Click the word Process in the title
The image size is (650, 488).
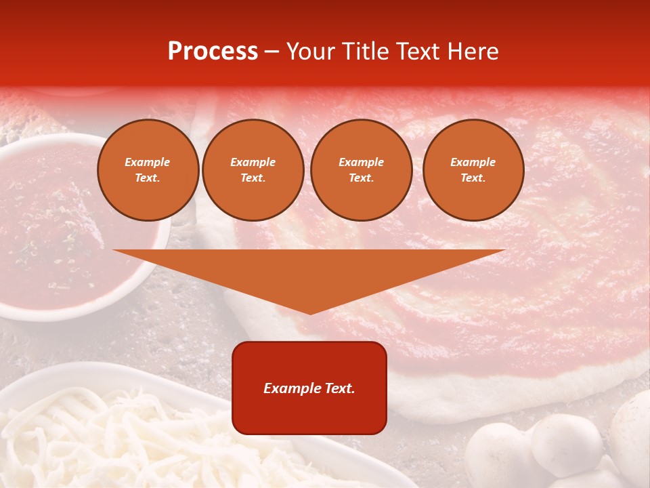click(213, 52)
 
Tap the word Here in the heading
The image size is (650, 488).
click(471, 52)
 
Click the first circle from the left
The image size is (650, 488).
click(148, 170)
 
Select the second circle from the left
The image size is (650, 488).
click(253, 170)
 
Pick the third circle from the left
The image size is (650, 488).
click(361, 170)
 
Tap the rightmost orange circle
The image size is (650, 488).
click(473, 170)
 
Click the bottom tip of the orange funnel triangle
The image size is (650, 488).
click(310, 312)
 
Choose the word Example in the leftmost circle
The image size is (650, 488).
click(148, 163)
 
